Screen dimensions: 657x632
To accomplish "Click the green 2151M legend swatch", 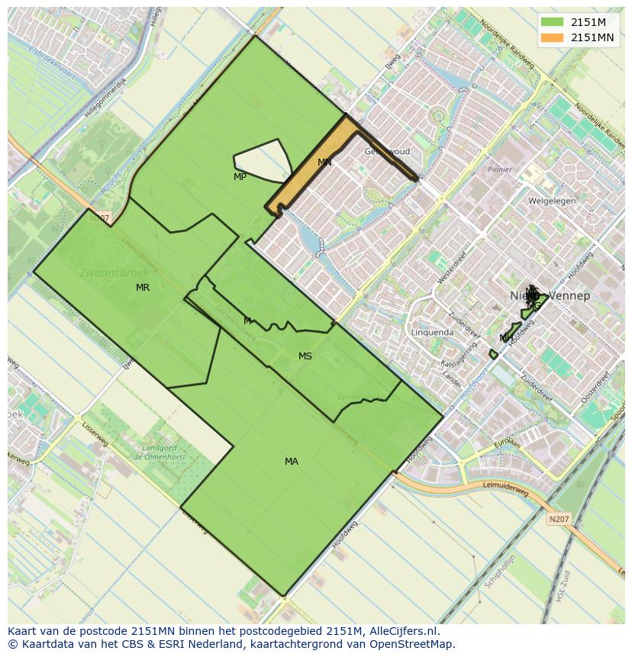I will point(552,22).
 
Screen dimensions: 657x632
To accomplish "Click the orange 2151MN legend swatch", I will point(552,37).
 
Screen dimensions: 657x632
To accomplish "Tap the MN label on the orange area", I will point(324,163).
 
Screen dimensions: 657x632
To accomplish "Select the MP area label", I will point(240,177).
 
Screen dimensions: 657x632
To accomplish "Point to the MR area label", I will point(143,288).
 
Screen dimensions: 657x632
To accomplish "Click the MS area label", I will point(305,356).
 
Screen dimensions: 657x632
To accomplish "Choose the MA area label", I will point(292,462).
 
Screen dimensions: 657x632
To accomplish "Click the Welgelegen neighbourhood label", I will point(552,201).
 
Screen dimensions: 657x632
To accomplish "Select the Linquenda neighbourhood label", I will point(432,333).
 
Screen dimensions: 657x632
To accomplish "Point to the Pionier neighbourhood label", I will point(500,170).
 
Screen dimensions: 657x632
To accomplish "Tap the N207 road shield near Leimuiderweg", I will point(559,519).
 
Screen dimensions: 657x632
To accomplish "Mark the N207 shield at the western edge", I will point(99,218).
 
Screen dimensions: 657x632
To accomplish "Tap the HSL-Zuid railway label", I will point(563,585).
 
